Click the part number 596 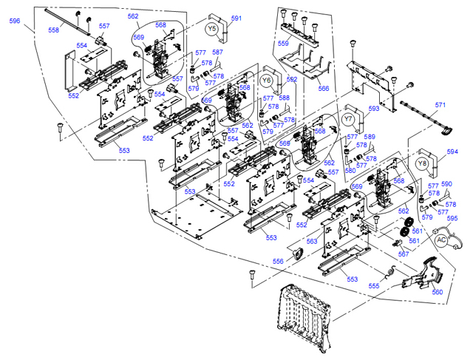[x=15, y=21]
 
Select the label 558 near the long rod [x=54, y=30]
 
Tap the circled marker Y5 [x=213, y=28]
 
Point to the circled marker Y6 [x=267, y=80]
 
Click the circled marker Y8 [x=422, y=163]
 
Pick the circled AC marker [x=441, y=240]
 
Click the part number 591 [x=236, y=18]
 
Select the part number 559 [x=283, y=44]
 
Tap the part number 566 [x=324, y=89]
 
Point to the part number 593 [x=374, y=109]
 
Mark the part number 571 [x=440, y=105]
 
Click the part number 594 [x=452, y=152]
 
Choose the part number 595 [x=452, y=219]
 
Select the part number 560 [x=438, y=292]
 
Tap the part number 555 [x=374, y=285]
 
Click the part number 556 [x=278, y=261]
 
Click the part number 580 [x=350, y=171]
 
